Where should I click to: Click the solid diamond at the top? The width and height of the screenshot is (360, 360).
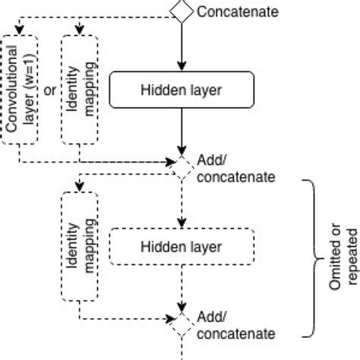click(181, 11)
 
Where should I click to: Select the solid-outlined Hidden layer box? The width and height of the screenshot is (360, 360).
click(182, 91)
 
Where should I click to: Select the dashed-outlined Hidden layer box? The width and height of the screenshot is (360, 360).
click(182, 247)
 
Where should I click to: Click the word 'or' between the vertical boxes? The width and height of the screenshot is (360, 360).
click(49, 91)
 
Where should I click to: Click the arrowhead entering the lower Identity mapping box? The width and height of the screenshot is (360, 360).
click(79, 187)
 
